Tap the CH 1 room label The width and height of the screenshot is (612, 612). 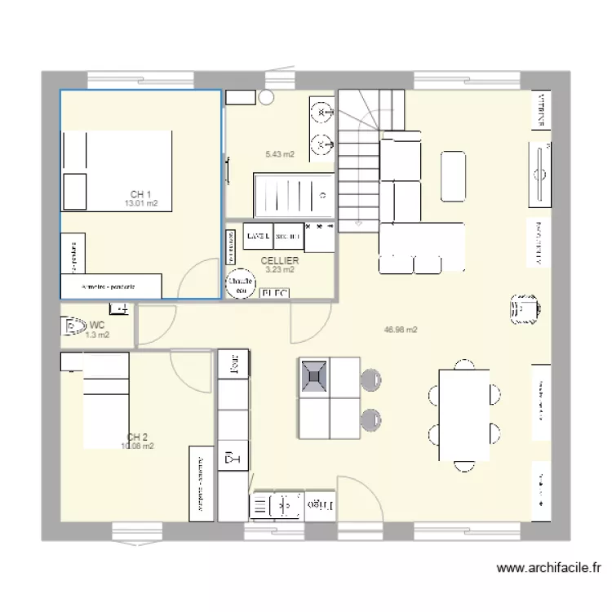pos(140,194)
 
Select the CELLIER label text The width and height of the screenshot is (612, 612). pos(280,260)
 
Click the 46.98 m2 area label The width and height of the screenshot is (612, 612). pos(401,330)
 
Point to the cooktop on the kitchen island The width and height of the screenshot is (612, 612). pos(314,376)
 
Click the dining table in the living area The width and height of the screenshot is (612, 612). pos(463,415)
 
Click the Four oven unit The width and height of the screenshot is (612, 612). pos(233,364)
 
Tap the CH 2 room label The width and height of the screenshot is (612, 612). pos(137,437)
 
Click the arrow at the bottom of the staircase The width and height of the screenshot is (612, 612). pos(358,222)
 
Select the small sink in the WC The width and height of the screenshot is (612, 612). pos(119,308)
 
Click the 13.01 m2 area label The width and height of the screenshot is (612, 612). pos(140,204)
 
